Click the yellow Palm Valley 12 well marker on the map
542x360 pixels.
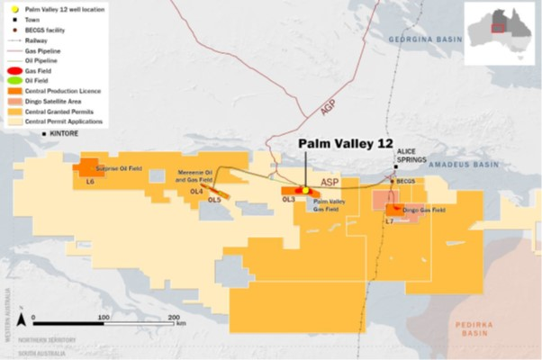tap(305, 191)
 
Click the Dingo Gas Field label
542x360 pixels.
tap(423, 210)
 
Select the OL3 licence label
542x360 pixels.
tap(289, 199)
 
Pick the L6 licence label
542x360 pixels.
tap(90, 182)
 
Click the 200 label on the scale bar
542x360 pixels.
tap(173, 318)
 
